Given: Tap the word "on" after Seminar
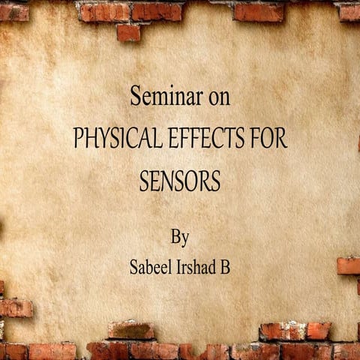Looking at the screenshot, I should pos(218,98).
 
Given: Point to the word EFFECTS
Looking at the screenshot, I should pos(213,140).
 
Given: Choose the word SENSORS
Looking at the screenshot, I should pos(180,182).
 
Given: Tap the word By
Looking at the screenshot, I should pos(180,238).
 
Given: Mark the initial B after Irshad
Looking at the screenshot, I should pos(224,267).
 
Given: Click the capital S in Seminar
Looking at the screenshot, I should pos(136,98).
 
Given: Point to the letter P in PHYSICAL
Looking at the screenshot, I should pos(77,140).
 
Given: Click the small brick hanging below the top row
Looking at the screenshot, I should pos(128,32).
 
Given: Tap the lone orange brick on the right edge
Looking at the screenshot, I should pos(349,265).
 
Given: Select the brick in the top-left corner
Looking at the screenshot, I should pos(13,11).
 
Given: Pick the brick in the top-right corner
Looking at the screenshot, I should pos(349,11).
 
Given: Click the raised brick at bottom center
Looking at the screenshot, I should pos(130,330).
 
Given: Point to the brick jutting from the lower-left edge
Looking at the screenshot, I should pos(15,307).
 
